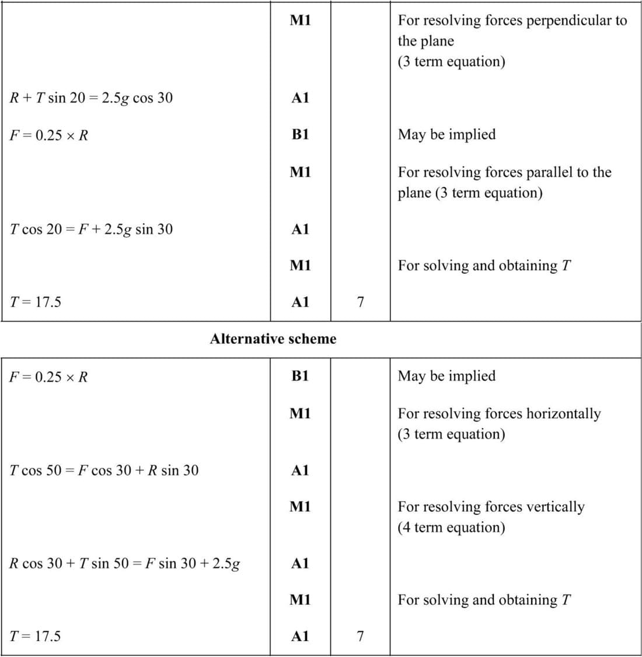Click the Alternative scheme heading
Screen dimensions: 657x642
pos(273,339)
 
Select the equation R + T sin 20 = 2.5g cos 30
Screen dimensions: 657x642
pos(91,98)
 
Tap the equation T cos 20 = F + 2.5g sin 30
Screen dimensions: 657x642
pos(91,229)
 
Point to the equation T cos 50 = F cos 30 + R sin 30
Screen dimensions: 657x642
pos(104,470)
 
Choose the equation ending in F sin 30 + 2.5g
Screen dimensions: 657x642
pos(125,564)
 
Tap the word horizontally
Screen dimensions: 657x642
pos(563,413)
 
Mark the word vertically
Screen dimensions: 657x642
pos(555,506)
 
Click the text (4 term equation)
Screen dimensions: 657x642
pos(451,527)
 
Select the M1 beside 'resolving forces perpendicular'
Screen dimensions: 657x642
pos(300,20)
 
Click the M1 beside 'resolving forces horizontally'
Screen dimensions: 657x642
pos(300,413)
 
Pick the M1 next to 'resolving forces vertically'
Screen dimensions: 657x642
pos(300,506)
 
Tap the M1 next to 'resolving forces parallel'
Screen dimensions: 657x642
pos(300,172)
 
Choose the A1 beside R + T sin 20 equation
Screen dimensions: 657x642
pos(300,98)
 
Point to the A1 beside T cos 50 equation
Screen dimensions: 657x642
pos(300,470)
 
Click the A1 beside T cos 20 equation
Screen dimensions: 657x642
pos(300,229)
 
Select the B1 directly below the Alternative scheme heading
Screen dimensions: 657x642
pos(300,376)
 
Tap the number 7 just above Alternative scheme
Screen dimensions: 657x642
pos(360,302)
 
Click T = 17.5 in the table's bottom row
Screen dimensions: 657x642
pos(35,636)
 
